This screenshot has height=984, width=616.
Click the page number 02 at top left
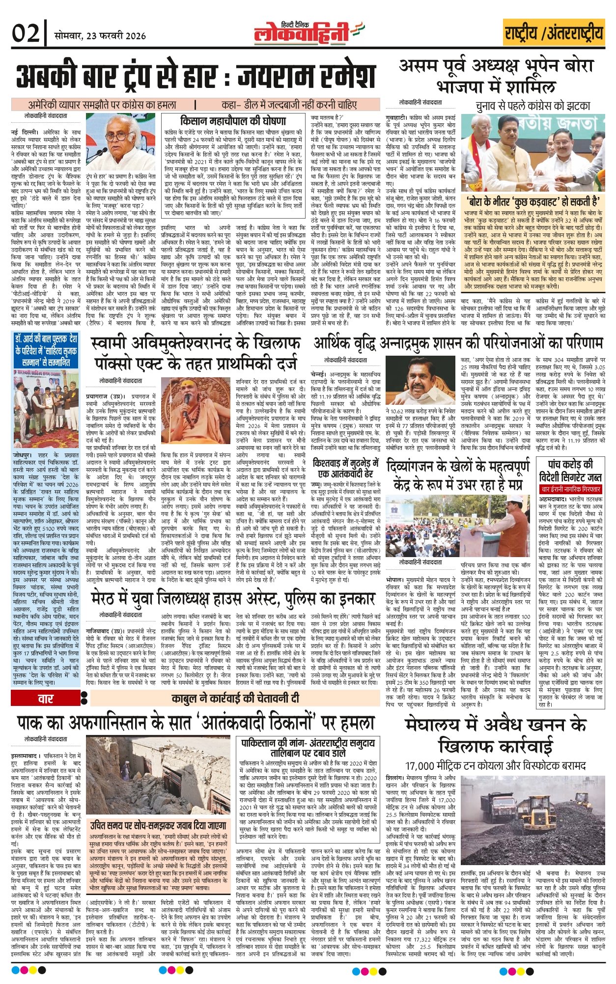(x=26, y=34)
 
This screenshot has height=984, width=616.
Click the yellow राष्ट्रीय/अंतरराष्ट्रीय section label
(x=554, y=33)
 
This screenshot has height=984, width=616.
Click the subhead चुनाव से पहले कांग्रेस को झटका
(x=532, y=105)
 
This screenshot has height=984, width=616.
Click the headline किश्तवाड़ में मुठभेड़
(x=345, y=468)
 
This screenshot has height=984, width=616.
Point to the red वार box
(x=45, y=699)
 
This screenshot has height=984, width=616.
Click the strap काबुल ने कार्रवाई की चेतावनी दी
(x=235, y=698)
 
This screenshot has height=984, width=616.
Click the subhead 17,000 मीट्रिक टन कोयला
(x=496, y=765)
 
